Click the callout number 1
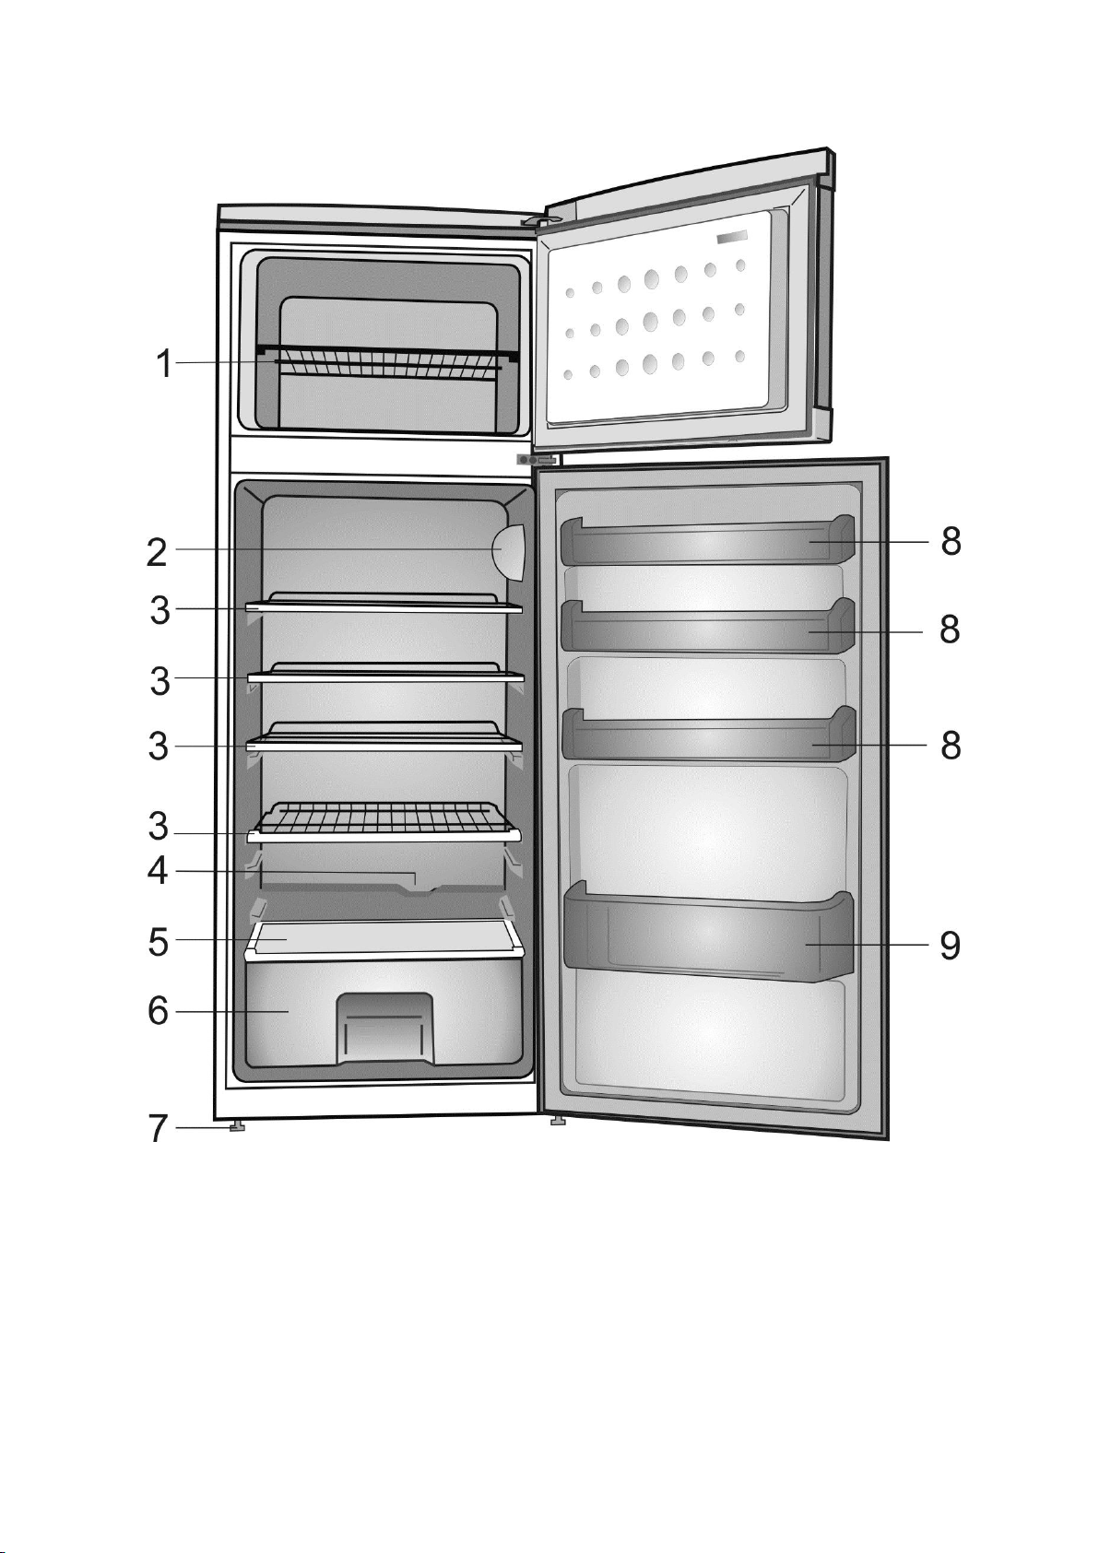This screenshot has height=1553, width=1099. pyautogui.click(x=163, y=364)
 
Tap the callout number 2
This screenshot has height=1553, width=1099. pyautogui.click(x=157, y=553)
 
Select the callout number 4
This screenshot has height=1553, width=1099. pyautogui.click(x=158, y=870)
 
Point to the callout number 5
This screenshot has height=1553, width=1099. pyautogui.click(x=158, y=942)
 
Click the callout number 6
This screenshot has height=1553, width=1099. pyautogui.click(x=158, y=1012)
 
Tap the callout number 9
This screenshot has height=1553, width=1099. pyautogui.click(x=951, y=945)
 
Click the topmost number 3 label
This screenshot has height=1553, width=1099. pyautogui.click(x=160, y=610)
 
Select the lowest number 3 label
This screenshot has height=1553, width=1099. pyautogui.click(x=158, y=826)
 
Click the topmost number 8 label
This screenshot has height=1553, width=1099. pyautogui.click(x=951, y=541)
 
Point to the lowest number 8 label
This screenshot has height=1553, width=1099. pyautogui.click(x=951, y=746)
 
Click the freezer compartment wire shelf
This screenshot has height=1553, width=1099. pyautogui.click(x=387, y=362)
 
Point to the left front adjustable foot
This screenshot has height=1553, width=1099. pyautogui.click(x=236, y=1126)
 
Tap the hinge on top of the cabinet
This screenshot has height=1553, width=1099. pyautogui.click(x=541, y=219)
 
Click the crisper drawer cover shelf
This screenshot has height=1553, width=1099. pyautogui.click(x=384, y=940)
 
